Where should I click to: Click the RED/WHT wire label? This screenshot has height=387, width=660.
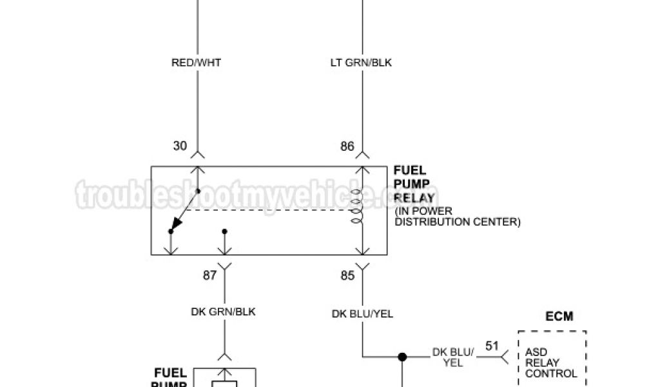(x=196, y=63)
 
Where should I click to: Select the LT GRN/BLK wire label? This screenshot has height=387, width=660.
(x=361, y=63)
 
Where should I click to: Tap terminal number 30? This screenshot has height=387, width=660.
(x=180, y=146)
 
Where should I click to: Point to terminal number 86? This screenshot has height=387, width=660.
(x=347, y=146)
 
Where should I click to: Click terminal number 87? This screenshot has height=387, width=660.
(x=210, y=275)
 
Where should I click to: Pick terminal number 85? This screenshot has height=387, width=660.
(x=347, y=275)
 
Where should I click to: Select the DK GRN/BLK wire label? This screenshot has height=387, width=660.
(x=223, y=312)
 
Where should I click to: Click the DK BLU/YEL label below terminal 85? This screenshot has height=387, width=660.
(x=362, y=314)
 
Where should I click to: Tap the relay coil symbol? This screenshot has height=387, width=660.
(x=356, y=208)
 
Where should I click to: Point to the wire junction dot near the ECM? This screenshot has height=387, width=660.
(x=402, y=356)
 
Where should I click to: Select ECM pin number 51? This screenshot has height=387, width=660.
(x=492, y=346)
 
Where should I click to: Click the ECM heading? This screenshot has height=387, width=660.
(x=559, y=317)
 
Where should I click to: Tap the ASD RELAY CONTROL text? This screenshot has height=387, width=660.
(x=551, y=362)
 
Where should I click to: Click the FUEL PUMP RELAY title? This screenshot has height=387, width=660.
(x=414, y=184)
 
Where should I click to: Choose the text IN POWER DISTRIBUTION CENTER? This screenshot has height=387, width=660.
(x=457, y=217)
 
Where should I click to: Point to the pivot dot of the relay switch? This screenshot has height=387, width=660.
(x=198, y=191)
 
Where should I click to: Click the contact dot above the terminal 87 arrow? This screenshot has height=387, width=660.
(x=224, y=231)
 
